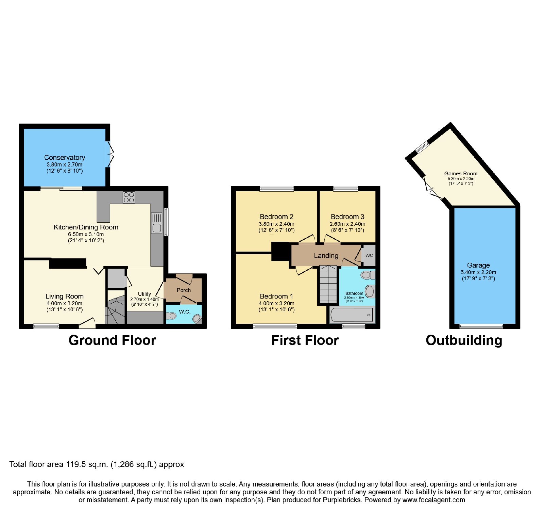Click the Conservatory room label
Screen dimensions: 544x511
pos(65,158)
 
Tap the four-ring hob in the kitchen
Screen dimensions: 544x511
pos(129,197)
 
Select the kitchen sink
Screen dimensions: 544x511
pos(157,223)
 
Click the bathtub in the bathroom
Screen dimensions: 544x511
pos(352,315)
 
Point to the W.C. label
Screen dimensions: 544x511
pos(185,312)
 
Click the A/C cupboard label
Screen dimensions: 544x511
pos(369,255)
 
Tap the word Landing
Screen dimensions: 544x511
pos(326,256)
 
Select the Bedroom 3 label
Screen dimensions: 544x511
pos(347,217)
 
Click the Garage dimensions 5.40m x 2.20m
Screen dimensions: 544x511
pos(478,272)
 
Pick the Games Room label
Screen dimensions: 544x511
pos(461,174)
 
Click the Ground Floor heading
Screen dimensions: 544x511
pos(112,340)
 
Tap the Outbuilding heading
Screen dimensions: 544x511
pos(464,340)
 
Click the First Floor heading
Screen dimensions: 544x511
pos(305,340)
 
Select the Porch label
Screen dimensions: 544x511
pos(184,290)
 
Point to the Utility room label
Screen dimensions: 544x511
pos(144,294)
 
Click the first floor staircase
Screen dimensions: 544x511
pos(328,284)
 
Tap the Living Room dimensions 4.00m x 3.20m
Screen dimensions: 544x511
pos(65,303)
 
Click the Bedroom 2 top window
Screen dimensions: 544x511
pos(276,189)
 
